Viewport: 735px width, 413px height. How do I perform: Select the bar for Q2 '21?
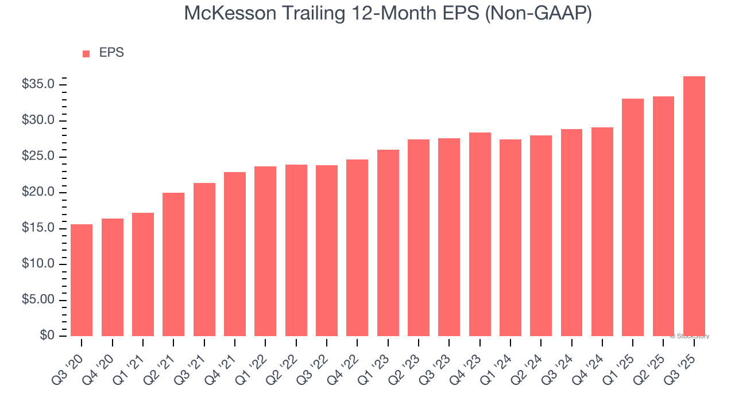tap(173, 264)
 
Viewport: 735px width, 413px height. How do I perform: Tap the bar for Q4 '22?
tap(357, 248)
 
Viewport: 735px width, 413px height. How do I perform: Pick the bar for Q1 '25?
tap(633, 217)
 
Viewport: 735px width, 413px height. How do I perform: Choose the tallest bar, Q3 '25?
tap(694, 206)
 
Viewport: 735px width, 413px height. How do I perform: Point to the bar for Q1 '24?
tap(510, 237)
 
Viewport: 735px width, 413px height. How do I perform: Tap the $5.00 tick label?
tap(38, 300)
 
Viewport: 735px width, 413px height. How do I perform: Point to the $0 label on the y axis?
tap(47, 336)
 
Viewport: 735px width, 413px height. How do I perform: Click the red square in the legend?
tap(86, 54)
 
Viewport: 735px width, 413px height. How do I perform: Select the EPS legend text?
tap(111, 53)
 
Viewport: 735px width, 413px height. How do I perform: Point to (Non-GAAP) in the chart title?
tap(537, 13)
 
